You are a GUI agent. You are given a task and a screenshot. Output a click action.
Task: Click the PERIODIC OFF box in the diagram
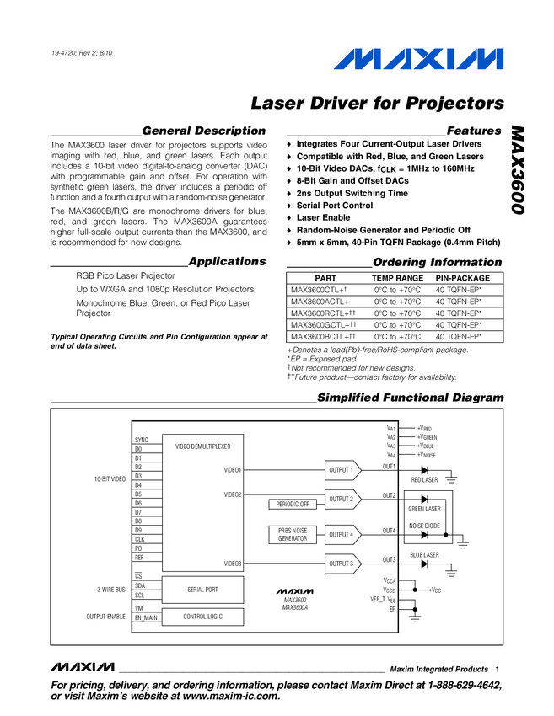pyautogui.click(x=293, y=504)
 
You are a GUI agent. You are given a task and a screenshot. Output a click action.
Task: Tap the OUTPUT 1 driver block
pyautogui.click(x=341, y=469)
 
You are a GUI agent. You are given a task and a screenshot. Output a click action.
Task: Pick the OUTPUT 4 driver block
pyautogui.click(x=341, y=534)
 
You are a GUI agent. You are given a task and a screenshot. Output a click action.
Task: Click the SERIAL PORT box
pyautogui.click(x=201, y=590)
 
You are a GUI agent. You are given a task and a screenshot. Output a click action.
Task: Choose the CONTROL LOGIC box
pyautogui.click(x=201, y=617)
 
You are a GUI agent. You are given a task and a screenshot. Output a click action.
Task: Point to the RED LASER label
pyautogui.click(x=424, y=480)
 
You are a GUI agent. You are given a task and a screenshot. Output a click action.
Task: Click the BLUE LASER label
pyautogui.click(x=424, y=555)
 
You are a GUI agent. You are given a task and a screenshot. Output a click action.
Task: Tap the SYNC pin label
pyautogui.click(x=141, y=440)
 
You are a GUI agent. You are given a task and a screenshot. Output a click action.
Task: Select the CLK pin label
pyautogui.click(x=139, y=539)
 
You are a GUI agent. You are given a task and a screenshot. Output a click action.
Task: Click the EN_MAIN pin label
pyautogui.click(x=145, y=617)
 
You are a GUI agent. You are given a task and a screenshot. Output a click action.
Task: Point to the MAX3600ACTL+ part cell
pyautogui.click(x=320, y=301)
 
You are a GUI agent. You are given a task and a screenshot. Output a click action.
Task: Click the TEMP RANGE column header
pyautogui.click(x=397, y=278)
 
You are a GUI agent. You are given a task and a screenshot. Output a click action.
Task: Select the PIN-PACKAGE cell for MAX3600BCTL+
pyautogui.click(x=464, y=337)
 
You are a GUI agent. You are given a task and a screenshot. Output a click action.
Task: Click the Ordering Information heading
pyautogui.click(x=437, y=262)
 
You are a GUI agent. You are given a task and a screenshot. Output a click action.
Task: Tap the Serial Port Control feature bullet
pyautogui.click(x=334, y=206)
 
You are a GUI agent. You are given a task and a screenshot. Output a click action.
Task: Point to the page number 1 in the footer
pyautogui.click(x=498, y=669)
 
